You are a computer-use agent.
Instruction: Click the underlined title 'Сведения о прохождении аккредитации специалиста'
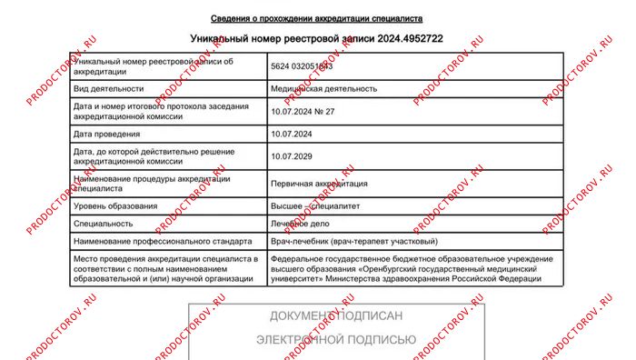tap(316, 18)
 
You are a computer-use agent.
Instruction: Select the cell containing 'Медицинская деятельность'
tap(323, 89)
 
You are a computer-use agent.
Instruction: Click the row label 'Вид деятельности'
tap(108, 89)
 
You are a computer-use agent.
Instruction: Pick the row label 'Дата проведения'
tap(106, 135)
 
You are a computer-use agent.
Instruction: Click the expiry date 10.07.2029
tap(293, 156)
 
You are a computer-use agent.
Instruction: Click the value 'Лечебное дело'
tap(300, 223)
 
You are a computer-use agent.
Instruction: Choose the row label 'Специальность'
tap(102, 223)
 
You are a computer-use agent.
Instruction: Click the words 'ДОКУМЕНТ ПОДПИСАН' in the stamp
tap(335, 315)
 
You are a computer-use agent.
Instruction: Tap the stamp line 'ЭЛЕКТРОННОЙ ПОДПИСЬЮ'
tap(335, 340)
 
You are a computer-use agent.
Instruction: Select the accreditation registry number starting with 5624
tap(302, 66)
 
